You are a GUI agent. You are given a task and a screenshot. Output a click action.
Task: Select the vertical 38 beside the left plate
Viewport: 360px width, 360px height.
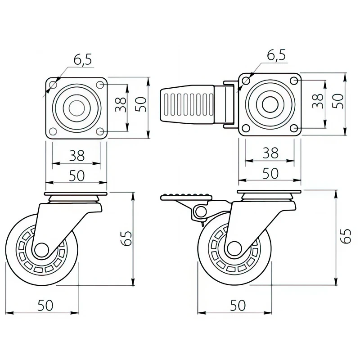coord(120,106)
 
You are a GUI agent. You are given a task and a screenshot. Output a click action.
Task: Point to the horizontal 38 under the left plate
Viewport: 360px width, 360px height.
coord(77,156)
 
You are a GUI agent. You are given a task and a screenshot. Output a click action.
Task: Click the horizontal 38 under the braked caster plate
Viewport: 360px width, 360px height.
coord(270,153)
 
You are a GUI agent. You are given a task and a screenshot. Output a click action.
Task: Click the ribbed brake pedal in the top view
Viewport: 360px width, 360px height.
coord(189,106)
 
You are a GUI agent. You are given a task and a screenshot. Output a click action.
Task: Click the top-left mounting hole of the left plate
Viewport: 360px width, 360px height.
coord(53,84)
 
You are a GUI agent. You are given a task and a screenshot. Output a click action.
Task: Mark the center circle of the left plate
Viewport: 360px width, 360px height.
coord(76,108)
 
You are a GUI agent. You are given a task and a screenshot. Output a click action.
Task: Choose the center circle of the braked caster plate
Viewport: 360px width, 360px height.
coord(270,104)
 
